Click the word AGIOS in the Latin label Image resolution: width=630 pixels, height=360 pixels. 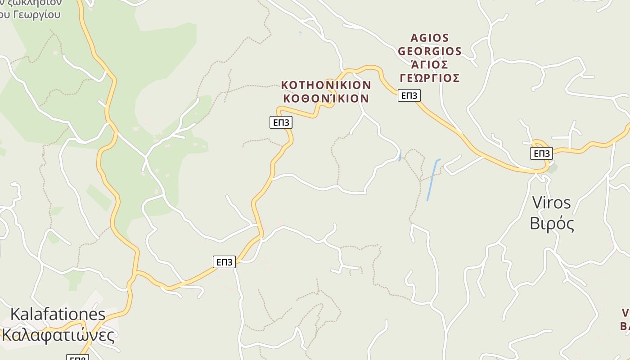coord(430,38)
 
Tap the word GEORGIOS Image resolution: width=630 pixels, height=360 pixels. coord(430,51)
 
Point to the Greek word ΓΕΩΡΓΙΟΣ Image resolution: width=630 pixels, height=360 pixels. coord(430,78)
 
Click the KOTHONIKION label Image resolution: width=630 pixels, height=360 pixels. coord(326,85)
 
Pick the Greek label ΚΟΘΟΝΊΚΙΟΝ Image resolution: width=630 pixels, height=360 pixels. coord(326,98)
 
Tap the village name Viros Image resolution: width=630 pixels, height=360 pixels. coord(551,202)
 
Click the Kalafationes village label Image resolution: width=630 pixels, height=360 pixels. coord(58,314)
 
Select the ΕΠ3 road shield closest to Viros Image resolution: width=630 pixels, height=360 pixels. coord(541,153)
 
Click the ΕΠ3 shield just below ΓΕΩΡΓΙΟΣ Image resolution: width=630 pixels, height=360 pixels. coord(409,95)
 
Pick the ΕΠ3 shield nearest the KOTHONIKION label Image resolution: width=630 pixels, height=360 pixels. coord(281,122)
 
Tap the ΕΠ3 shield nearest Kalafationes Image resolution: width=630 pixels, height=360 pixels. coord(224,262)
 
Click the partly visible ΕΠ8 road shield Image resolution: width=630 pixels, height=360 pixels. coord(77,358)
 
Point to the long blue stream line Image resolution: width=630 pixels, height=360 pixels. coord(432,180)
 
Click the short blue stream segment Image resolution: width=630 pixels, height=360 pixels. coord(400,156)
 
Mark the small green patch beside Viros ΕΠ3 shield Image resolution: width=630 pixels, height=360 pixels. coord(553,168)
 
